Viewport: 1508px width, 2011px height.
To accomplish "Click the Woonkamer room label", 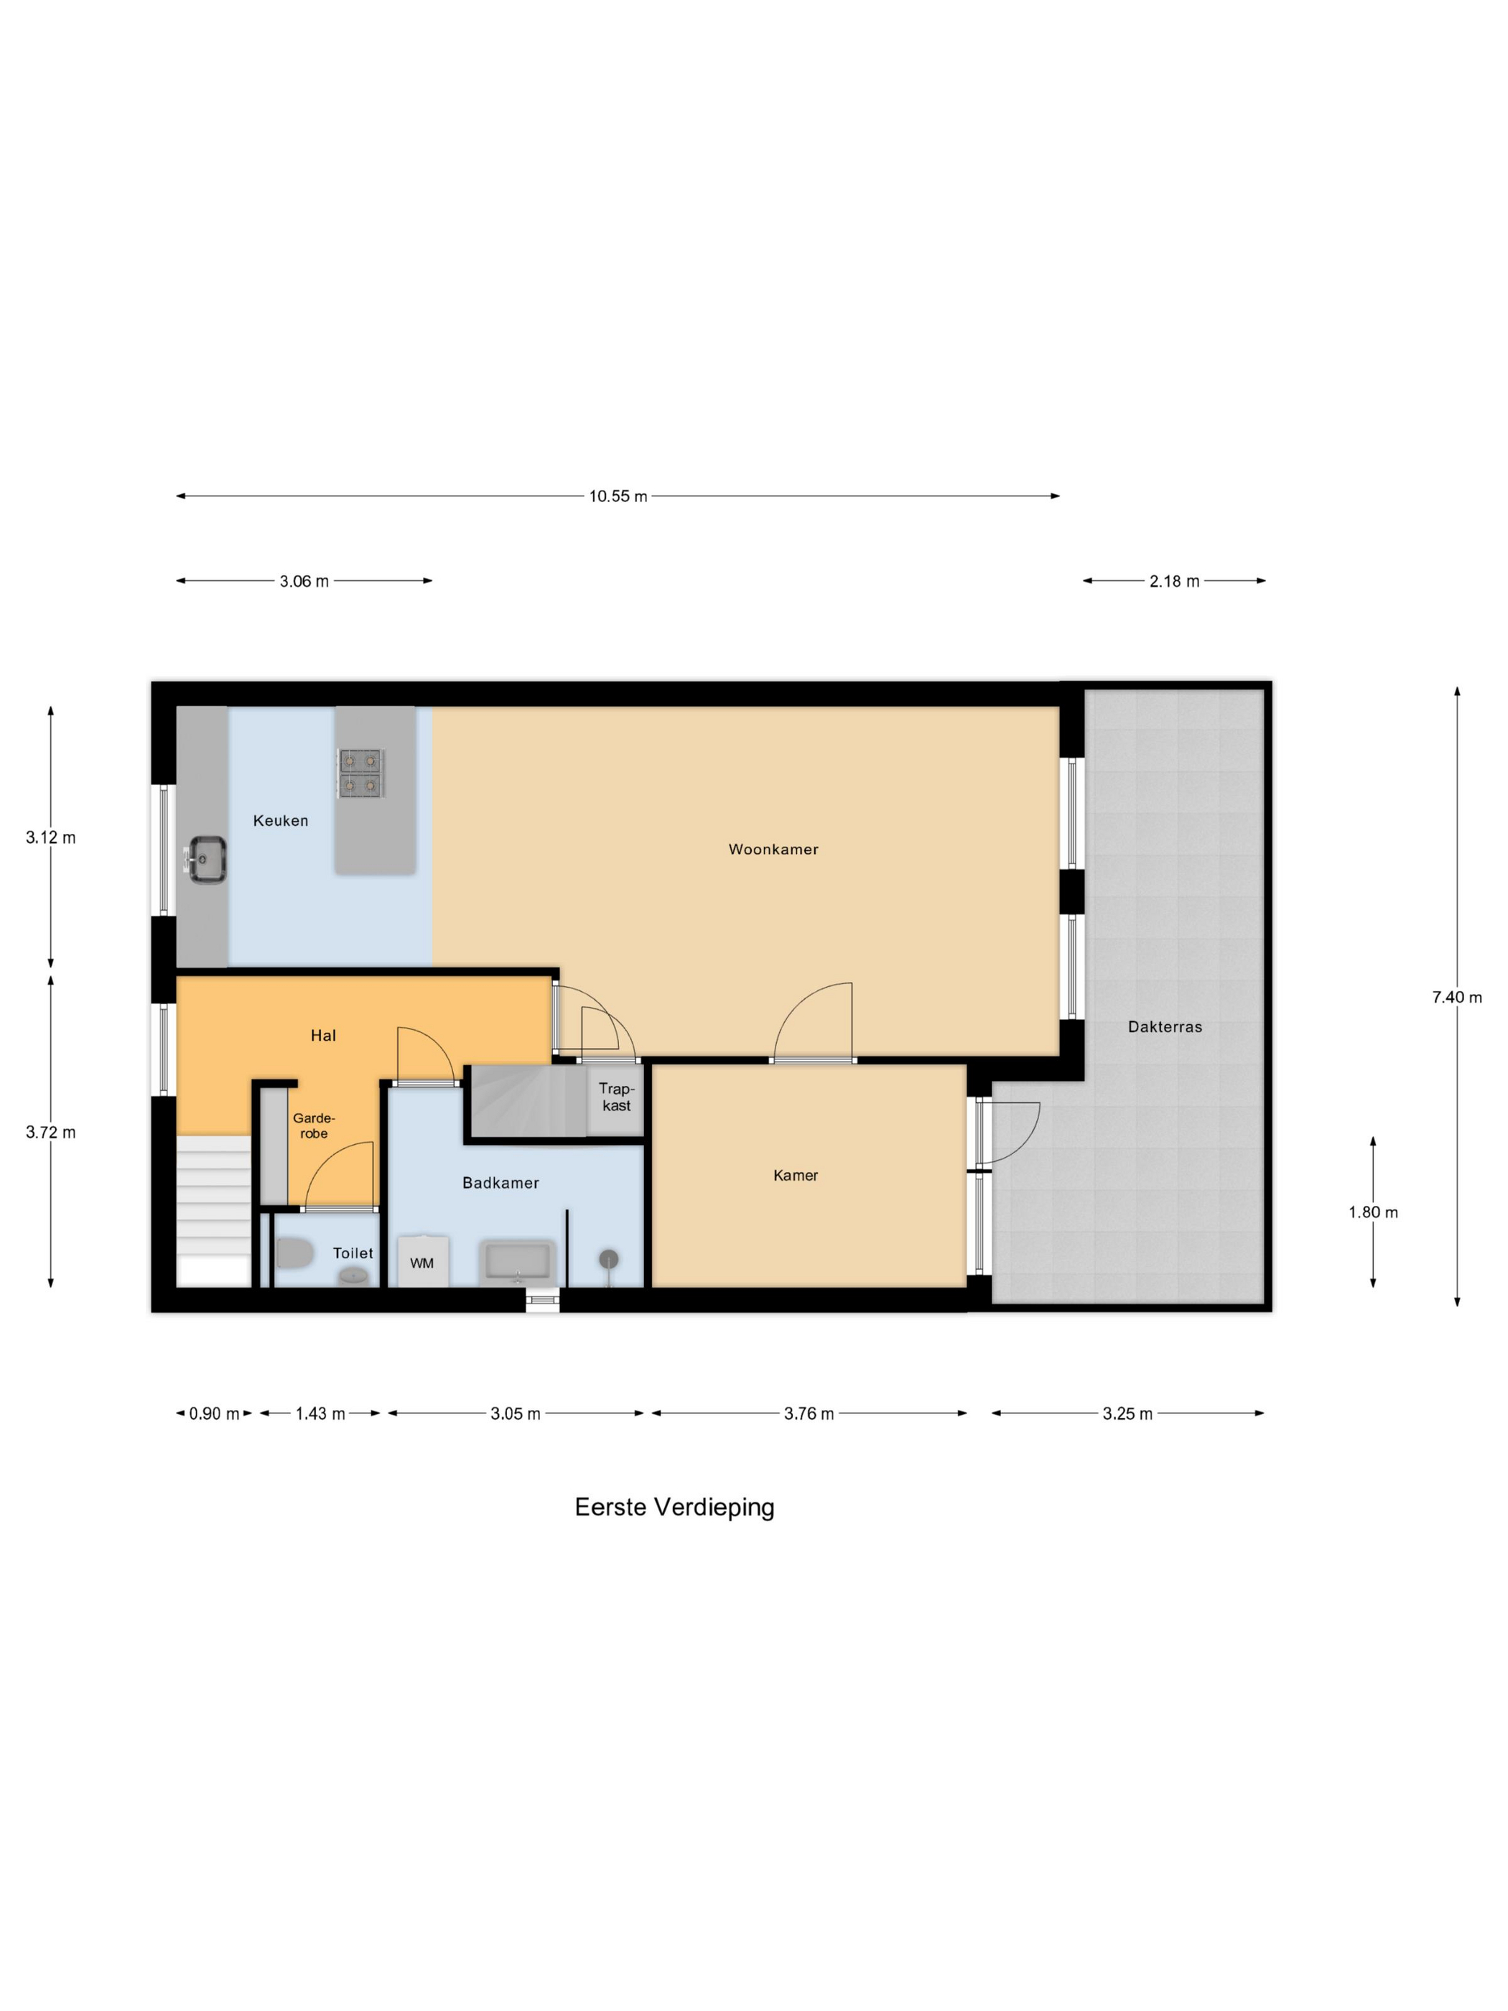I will coord(773,849).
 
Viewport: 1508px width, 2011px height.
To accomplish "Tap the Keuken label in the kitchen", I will coord(280,820).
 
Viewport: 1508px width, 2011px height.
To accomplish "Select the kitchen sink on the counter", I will coord(208,858).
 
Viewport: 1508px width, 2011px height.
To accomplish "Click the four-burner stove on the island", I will coord(361,773).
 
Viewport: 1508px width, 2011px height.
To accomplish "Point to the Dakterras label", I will coord(1165,1026).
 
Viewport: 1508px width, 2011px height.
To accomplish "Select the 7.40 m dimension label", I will coord(1456,998).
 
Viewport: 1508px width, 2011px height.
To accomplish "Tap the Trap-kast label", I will coord(616,1097).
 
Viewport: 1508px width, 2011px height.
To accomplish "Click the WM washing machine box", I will coord(422,1262).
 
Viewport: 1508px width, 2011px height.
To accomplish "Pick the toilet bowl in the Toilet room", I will coord(294,1255).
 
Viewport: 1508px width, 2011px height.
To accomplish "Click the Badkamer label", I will coord(500,1183).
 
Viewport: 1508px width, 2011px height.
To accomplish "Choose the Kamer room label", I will coord(796,1176).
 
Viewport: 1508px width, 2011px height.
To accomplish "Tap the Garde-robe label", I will coord(314,1125).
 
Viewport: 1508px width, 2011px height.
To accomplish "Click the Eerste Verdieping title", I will coord(674,1508).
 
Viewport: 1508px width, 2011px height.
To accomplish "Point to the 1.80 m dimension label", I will coord(1372,1212).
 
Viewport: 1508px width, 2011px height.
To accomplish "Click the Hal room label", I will coord(322,1036).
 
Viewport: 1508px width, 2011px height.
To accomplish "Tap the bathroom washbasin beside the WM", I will coord(517,1262).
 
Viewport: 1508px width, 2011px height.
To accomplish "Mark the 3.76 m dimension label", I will coord(808,1413).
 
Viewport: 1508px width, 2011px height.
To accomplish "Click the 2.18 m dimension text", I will coord(1173,581).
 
